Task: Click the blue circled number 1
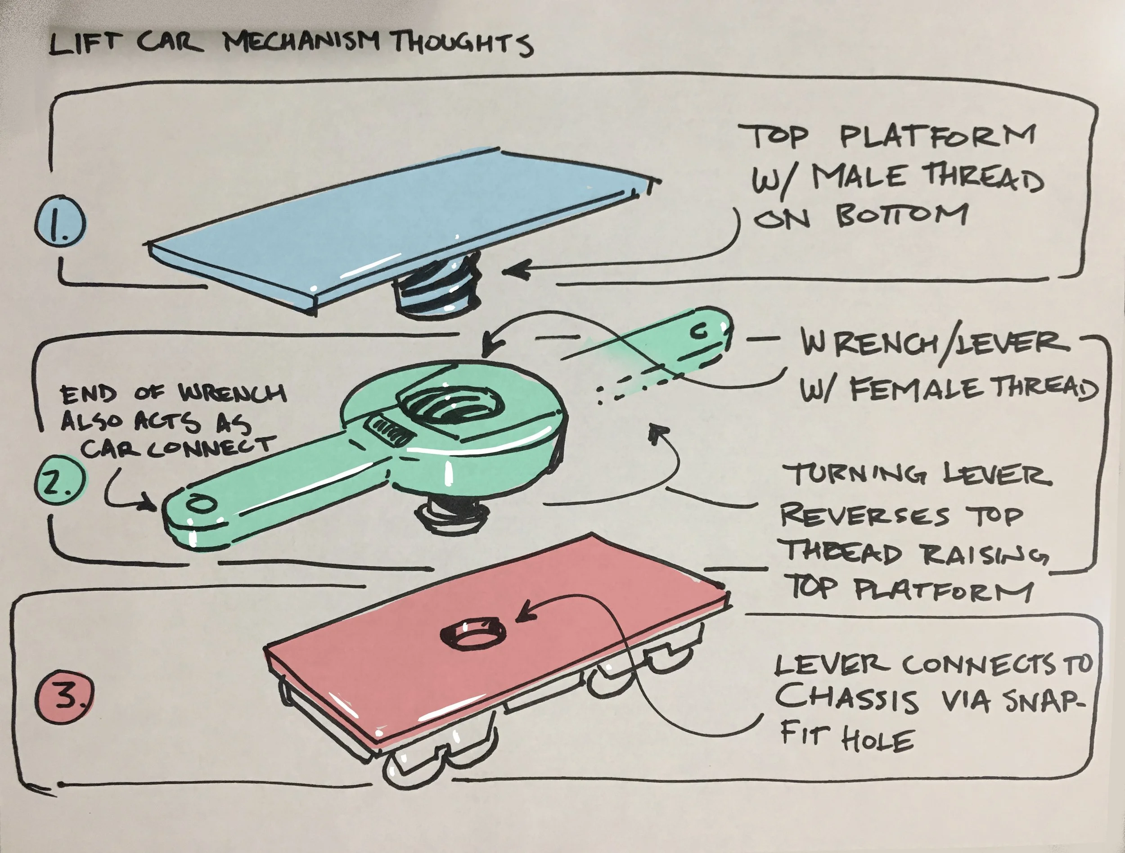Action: [x=60, y=224]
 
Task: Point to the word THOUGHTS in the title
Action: [x=462, y=44]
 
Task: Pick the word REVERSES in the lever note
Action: [x=864, y=516]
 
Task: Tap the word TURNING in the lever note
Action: [x=855, y=476]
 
